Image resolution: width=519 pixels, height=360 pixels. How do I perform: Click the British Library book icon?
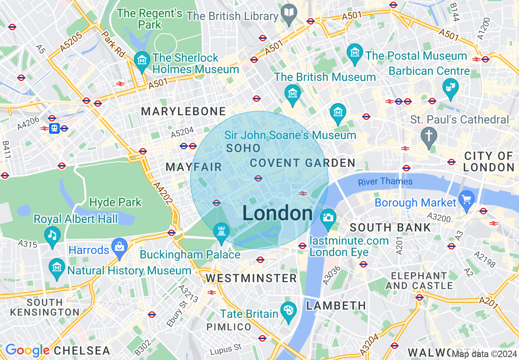tap(289, 11)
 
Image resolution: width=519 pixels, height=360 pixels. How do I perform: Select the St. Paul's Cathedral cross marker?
tap(429, 135)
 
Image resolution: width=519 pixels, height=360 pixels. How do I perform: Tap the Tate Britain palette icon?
tap(289, 310)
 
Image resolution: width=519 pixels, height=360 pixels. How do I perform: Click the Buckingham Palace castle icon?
tap(221, 232)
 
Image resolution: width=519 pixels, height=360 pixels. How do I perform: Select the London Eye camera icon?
tap(327, 217)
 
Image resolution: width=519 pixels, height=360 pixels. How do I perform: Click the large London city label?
tap(278, 214)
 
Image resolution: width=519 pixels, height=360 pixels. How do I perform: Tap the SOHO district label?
tap(243, 148)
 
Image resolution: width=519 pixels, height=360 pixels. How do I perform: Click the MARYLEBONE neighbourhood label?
tap(183, 111)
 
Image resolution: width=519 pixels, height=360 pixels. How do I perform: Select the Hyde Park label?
tap(115, 202)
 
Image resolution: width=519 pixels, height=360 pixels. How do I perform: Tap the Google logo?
tap(27, 350)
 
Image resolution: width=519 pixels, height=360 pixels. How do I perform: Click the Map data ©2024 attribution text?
tap(485, 353)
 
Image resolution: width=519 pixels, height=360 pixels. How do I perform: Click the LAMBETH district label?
tap(336, 306)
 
